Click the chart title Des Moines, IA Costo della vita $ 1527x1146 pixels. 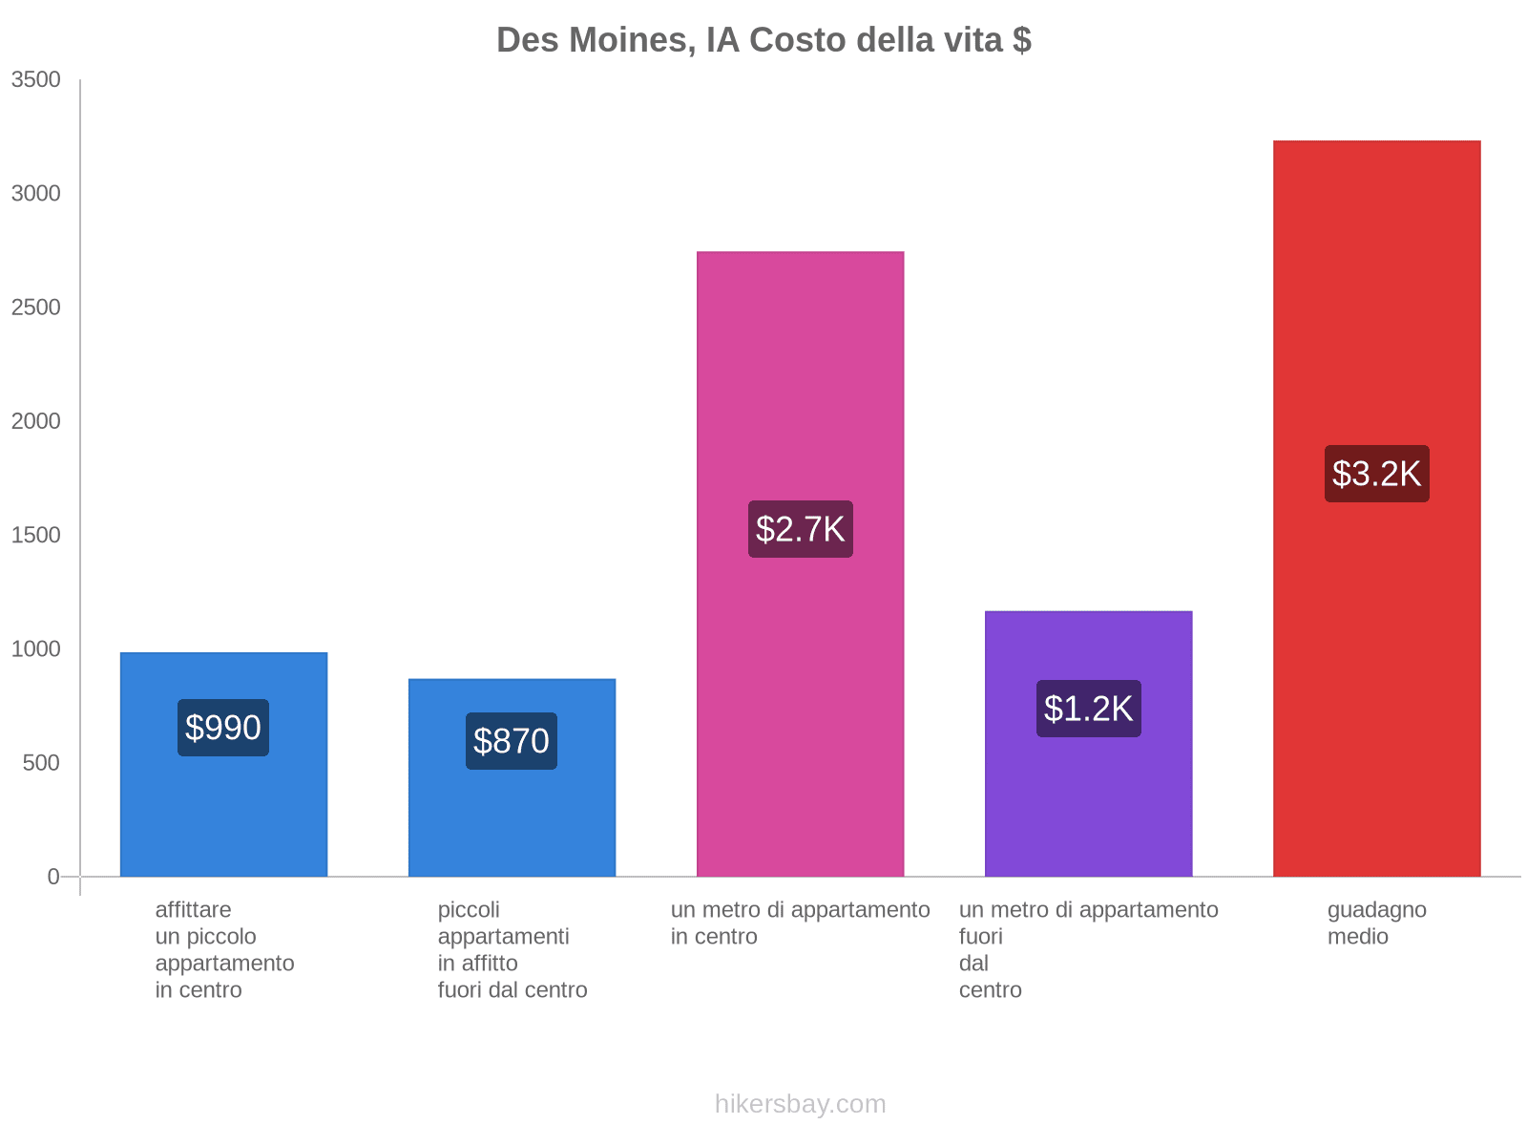763,40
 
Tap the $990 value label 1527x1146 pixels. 223,728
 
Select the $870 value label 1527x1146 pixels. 512,741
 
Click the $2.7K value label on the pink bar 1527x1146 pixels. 800,529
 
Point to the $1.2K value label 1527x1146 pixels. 1088,709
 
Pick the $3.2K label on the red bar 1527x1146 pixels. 1376,474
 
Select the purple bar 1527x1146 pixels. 1088,812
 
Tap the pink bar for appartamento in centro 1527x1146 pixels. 800,382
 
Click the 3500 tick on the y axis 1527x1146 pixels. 36,80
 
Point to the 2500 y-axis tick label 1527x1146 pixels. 36,308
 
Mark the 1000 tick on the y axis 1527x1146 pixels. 36,649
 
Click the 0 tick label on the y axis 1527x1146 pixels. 53,877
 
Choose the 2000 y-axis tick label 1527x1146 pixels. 36,421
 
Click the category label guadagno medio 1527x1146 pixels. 1376,923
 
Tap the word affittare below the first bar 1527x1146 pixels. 193,910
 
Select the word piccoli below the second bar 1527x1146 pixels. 469,910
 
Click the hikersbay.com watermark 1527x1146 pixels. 800,1104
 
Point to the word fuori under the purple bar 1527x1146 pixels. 980,937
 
